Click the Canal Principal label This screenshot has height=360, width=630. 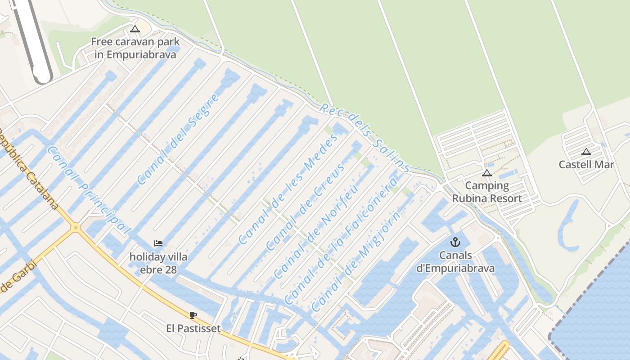point(89,190)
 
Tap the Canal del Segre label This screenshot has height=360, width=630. point(178,139)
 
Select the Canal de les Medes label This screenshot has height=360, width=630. point(288,189)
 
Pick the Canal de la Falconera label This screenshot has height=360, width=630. point(341,241)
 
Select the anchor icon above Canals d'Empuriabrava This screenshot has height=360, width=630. point(455,242)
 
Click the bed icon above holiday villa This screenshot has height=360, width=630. point(158,243)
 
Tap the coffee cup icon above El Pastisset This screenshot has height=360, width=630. point(193,315)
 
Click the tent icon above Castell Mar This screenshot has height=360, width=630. point(586,152)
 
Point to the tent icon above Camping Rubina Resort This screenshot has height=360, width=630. point(486,173)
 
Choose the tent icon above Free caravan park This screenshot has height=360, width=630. point(135,29)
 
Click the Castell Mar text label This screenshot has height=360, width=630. point(586,165)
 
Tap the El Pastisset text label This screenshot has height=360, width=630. point(193,328)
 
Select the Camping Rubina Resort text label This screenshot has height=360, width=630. point(487,192)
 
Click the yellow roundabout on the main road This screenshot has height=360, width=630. point(75,228)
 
